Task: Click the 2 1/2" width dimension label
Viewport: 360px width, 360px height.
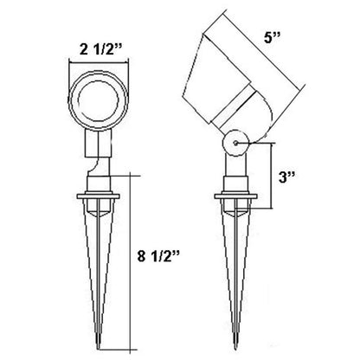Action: coord(100,49)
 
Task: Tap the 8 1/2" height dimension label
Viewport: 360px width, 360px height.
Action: coord(158,255)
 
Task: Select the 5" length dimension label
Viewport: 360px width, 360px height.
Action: coord(273,37)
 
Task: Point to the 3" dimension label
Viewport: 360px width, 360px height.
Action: coord(286,177)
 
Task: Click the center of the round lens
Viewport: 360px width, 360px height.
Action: coord(99,100)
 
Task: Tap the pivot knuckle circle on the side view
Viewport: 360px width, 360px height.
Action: coord(235,143)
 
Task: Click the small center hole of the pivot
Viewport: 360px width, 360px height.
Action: coord(235,143)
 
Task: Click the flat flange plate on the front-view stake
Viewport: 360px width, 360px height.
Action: coord(99,196)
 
